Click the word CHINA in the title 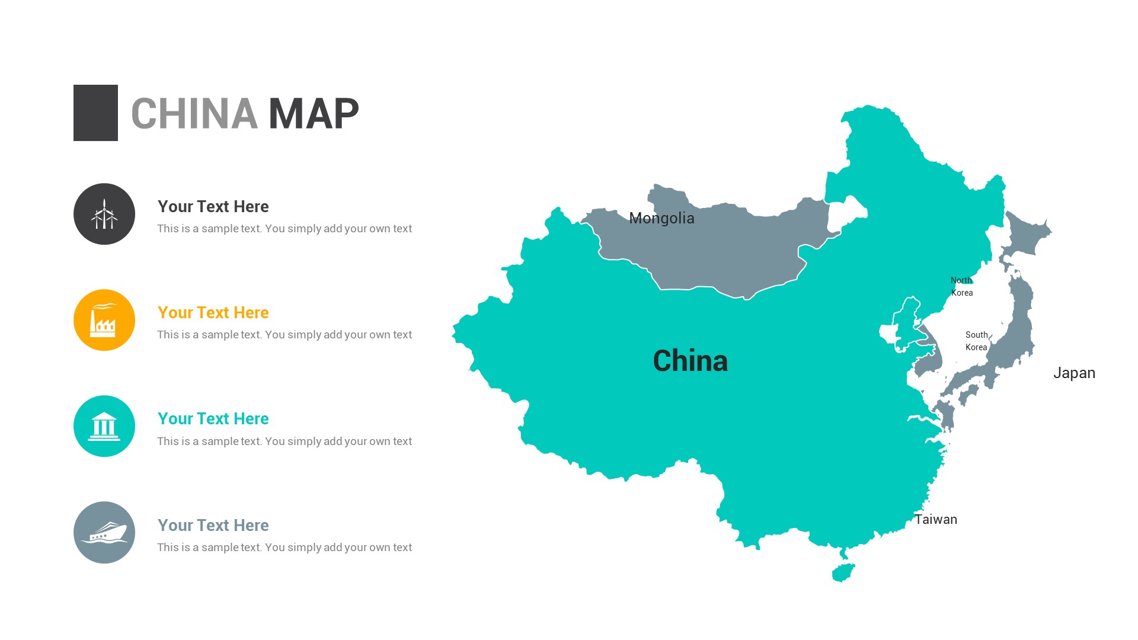click(x=194, y=114)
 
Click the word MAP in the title click(x=314, y=114)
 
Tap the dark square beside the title click(x=95, y=113)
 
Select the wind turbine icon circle click(x=104, y=214)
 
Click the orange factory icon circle click(x=104, y=320)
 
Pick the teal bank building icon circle click(x=104, y=426)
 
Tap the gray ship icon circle click(x=104, y=532)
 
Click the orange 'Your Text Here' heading click(x=213, y=313)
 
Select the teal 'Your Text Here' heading click(x=213, y=419)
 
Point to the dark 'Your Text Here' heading click(x=213, y=207)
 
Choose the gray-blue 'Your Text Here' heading click(x=213, y=526)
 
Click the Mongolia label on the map click(x=661, y=219)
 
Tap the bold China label click(x=690, y=361)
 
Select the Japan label click(x=1074, y=373)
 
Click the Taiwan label click(x=936, y=520)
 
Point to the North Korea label click(x=961, y=286)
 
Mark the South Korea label click(x=976, y=341)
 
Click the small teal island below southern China click(x=843, y=573)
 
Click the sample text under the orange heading click(x=284, y=335)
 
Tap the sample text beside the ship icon click(x=284, y=548)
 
